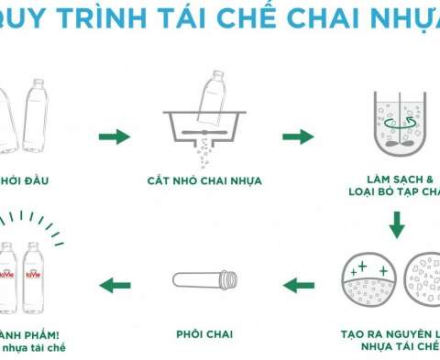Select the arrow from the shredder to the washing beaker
298,136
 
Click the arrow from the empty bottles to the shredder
114,136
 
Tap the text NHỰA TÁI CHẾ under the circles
392,348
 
